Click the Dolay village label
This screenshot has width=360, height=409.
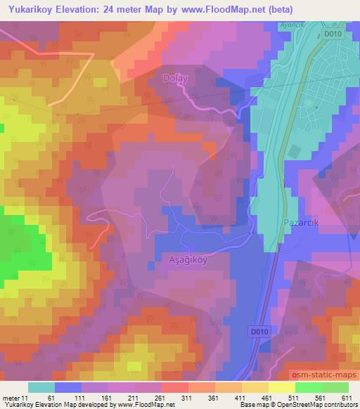pos(176,79)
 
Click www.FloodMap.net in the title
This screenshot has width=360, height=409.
pos(218,8)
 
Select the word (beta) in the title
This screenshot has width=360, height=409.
pos(277,8)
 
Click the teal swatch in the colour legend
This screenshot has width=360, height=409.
pos(41,387)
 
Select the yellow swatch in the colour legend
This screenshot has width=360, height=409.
pos(281,387)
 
